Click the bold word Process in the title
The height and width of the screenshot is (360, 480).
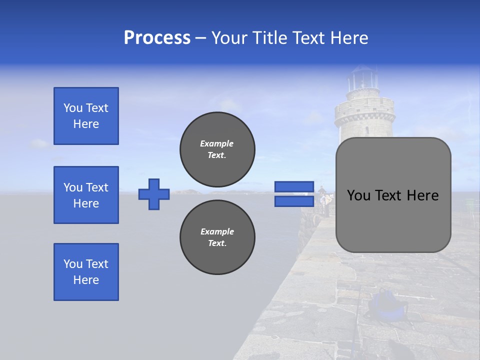click(x=157, y=38)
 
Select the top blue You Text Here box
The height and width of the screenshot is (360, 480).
click(x=86, y=116)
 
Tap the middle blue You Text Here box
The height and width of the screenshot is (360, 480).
click(x=86, y=195)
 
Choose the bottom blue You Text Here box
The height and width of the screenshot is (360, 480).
click(x=86, y=272)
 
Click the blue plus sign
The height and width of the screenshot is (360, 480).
click(x=154, y=194)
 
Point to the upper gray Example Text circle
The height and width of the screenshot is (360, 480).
click(x=217, y=149)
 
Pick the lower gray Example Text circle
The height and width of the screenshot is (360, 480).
click(x=217, y=237)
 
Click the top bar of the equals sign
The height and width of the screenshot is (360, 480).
click(x=294, y=187)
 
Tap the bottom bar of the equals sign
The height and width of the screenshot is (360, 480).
click(x=294, y=201)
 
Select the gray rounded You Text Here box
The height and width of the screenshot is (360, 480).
click(x=393, y=195)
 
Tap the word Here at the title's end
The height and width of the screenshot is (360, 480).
click(x=350, y=38)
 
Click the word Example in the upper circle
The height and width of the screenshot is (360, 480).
click(x=217, y=143)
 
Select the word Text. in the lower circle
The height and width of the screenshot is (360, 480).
click(x=217, y=243)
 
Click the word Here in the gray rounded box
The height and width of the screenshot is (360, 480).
click(x=422, y=195)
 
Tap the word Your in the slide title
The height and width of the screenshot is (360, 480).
click(x=229, y=38)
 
